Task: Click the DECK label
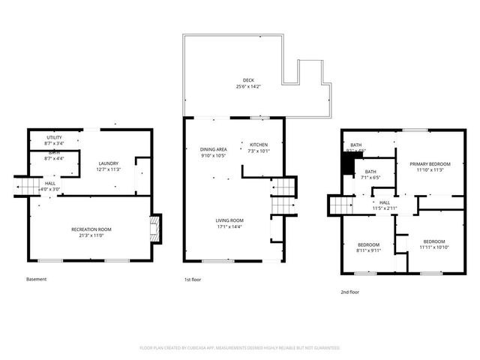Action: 247,80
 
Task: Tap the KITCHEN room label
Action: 258,144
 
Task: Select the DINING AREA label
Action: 214,149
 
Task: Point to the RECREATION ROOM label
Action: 91,229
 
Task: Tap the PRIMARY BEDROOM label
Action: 434,163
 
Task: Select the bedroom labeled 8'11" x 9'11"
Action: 369,244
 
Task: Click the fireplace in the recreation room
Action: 154,229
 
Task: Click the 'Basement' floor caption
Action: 36,280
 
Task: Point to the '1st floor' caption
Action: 193,280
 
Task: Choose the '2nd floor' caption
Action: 349,292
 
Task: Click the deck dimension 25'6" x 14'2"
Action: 247,87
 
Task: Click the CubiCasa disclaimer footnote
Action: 240,348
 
